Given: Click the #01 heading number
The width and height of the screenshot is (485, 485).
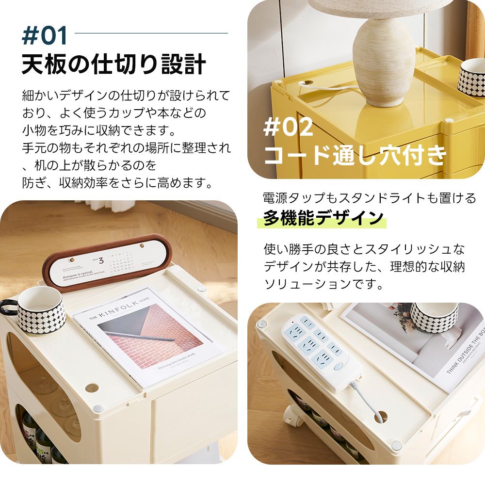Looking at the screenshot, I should pos(45,37).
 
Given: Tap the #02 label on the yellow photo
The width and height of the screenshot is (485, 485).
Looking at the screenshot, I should pos(288,128).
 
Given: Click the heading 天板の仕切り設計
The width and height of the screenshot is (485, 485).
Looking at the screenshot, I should pos(113,65).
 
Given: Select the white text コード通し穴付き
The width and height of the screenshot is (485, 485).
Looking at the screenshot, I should pos(355,155).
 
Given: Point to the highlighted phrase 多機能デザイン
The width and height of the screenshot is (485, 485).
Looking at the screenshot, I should pos(323,218).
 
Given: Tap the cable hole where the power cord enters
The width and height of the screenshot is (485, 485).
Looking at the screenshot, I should pos(381,416).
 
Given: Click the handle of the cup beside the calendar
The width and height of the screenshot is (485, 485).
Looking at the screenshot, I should pos(7,307).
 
